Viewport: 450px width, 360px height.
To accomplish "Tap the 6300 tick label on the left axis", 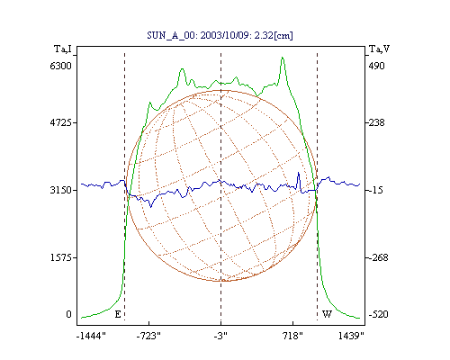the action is pos(61,66).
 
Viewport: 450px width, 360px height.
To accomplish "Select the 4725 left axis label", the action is pos(61,122).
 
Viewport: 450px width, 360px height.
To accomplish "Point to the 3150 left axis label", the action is pos(61,190).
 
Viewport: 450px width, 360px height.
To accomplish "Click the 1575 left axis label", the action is pos(61,257).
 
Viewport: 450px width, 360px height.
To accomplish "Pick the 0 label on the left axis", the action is pos(68,314).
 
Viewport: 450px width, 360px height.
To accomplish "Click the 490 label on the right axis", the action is pos(377,66).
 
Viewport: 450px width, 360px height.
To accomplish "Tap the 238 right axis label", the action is pos(377,122).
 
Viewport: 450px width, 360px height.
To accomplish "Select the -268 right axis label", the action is pos(378,257).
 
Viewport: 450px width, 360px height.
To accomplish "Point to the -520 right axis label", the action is pos(378,314).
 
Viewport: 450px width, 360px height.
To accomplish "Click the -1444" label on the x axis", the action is pos(91,337).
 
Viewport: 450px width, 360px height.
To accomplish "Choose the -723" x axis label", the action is pos(148,337).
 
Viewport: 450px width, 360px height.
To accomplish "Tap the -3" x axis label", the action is pos(220,337).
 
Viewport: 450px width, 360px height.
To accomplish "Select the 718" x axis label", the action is pos(292,337).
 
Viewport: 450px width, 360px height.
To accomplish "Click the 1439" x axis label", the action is pos(351,337).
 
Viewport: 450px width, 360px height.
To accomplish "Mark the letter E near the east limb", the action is pos(118,314).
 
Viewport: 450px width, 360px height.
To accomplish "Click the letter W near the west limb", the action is pos(327,314).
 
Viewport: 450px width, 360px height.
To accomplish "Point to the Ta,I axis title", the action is pos(63,49).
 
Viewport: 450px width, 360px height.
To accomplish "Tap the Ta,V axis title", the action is pos(380,49).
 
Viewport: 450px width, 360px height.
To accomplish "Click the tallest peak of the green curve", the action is pos(283,58).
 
